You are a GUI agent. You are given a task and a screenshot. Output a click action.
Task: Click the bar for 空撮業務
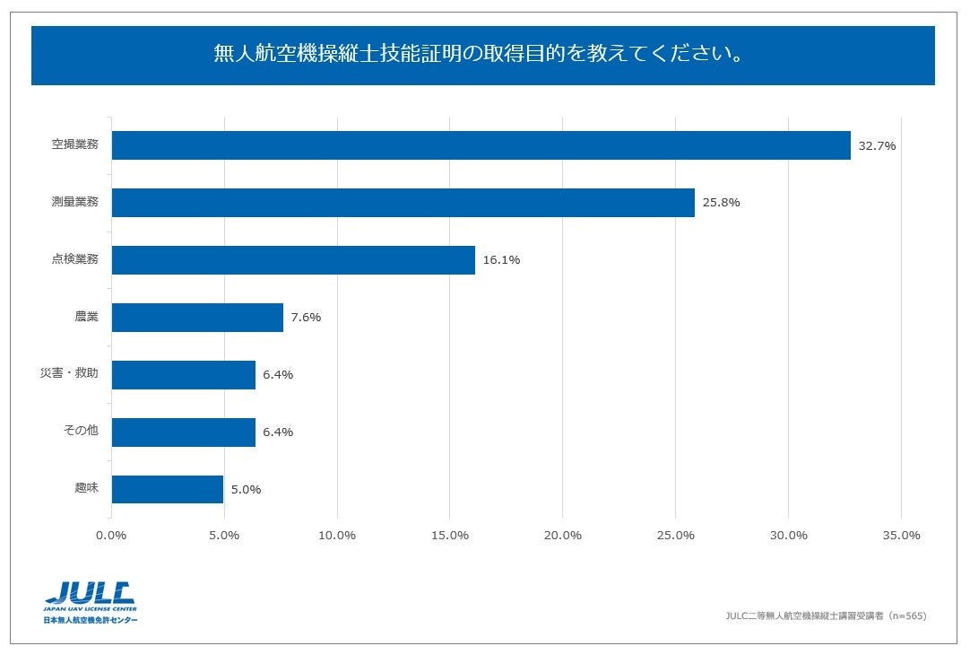(x=481, y=145)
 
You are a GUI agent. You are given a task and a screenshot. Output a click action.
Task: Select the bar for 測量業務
(x=403, y=203)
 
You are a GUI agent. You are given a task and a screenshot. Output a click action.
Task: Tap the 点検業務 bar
(x=293, y=260)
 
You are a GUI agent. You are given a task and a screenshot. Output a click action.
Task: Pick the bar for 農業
(x=197, y=318)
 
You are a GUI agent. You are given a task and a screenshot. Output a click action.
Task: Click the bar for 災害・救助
(x=184, y=375)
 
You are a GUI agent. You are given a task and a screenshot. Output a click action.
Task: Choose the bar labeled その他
(x=184, y=432)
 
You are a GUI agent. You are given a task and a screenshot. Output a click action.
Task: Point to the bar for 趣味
(x=168, y=490)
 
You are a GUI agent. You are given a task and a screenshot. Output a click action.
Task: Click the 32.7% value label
(x=877, y=145)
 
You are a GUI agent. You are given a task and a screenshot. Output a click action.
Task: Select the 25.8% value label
(x=721, y=203)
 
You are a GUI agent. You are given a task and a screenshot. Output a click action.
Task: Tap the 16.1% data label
(x=501, y=260)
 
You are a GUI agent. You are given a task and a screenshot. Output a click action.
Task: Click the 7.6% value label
(x=306, y=318)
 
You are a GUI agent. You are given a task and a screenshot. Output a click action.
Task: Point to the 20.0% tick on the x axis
(x=562, y=536)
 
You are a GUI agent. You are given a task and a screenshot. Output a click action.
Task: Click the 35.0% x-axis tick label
(x=901, y=536)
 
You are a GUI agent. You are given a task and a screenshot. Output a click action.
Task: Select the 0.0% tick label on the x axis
(x=111, y=536)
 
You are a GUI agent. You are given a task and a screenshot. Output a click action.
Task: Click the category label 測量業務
(x=75, y=202)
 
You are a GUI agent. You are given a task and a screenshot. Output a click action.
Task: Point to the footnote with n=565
(x=825, y=616)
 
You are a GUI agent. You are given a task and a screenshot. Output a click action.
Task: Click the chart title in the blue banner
(x=483, y=55)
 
